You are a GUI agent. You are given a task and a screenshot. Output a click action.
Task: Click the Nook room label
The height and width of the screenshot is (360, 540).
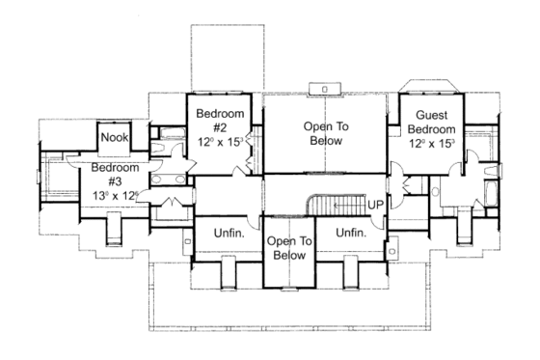tap(115, 138)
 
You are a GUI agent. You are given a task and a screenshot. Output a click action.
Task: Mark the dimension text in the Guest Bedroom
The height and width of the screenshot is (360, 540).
tap(432, 142)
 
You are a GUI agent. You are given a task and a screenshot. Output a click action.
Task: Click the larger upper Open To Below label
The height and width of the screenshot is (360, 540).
tap(325, 133)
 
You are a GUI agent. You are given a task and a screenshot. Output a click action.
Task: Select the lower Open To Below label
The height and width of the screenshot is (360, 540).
tap(288, 248)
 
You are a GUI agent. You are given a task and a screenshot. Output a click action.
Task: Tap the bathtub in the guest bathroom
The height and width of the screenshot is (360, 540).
tap(491, 182)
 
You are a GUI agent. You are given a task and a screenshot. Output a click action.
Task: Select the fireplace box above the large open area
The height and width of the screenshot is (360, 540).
tap(324, 89)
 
